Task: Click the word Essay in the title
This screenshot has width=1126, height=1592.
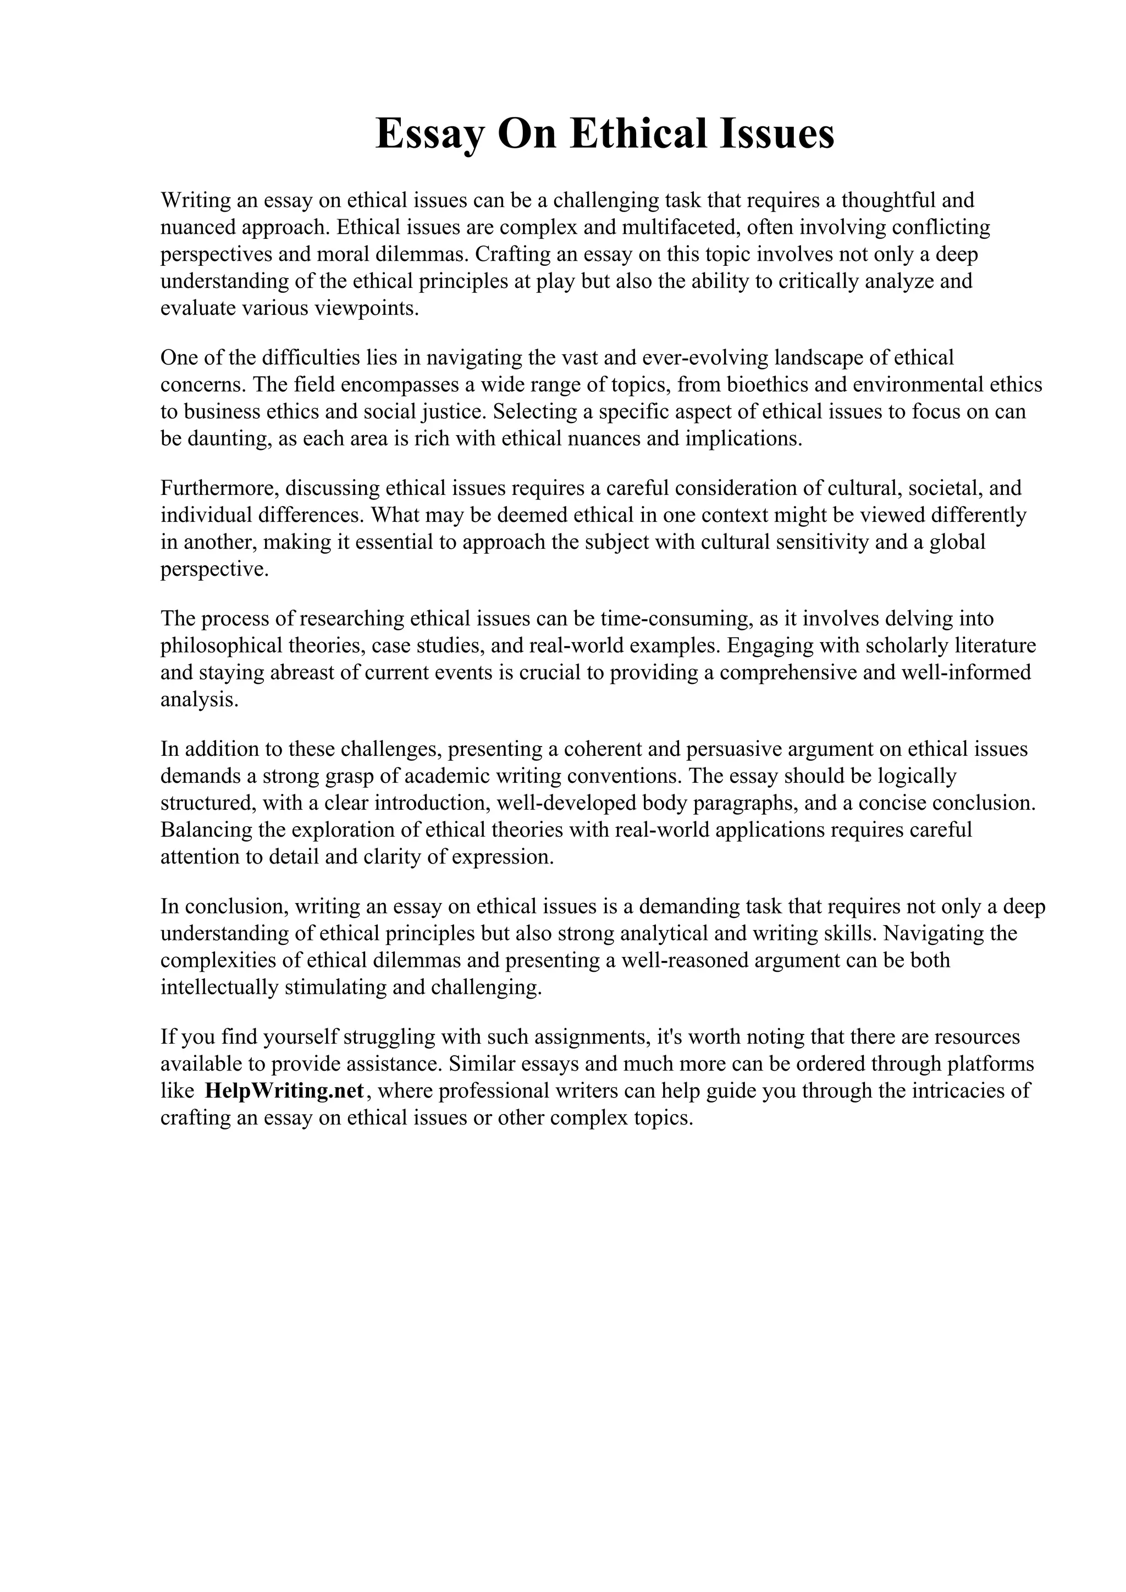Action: point(430,135)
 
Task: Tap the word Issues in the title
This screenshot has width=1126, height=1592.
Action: point(776,135)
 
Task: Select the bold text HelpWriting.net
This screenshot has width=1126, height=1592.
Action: point(284,1090)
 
